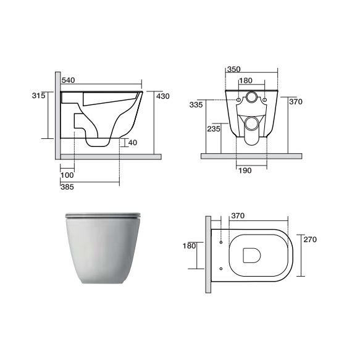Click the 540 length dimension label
click(x=68, y=80)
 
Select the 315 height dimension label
click(x=38, y=95)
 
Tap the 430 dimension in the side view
click(x=163, y=96)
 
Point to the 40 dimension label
click(x=133, y=143)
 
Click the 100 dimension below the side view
click(x=67, y=175)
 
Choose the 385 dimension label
click(x=67, y=187)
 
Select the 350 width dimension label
click(x=234, y=69)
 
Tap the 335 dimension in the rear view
click(x=196, y=105)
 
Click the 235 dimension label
click(x=214, y=129)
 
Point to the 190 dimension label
click(x=245, y=170)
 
